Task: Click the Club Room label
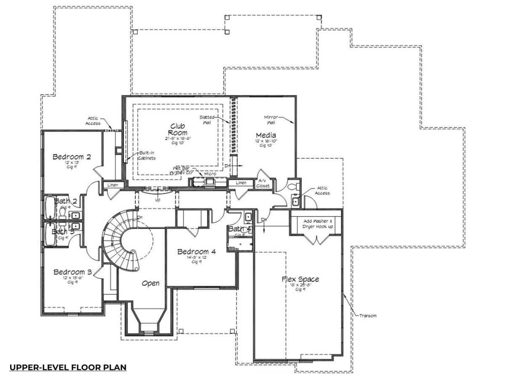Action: (x=178, y=129)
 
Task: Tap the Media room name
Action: (x=266, y=135)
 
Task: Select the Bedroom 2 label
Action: (x=72, y=157)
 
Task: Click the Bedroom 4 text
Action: (x=197, y=251)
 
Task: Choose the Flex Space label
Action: (x=300, y=279)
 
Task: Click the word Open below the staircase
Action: (x=150, y=283)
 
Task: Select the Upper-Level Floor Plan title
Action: (x=68, y=367)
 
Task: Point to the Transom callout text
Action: (x=368, y=315)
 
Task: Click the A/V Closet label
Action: (x=263, y=183)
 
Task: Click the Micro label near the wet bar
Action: (x=210, y=173)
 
